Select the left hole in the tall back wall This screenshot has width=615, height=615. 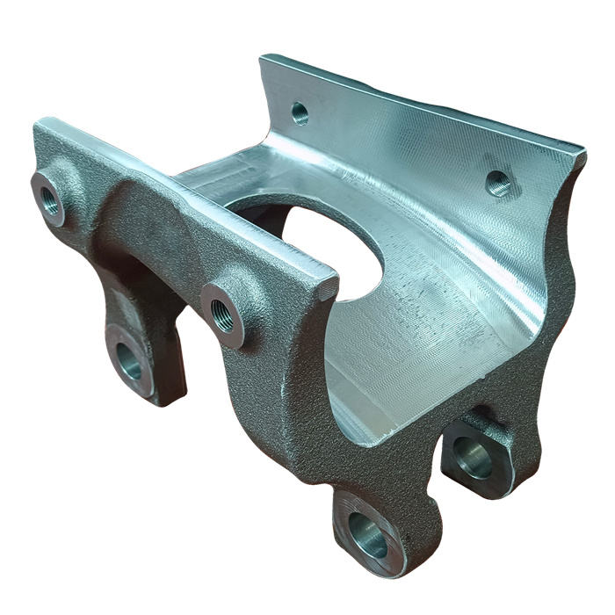click(x=300, y=112)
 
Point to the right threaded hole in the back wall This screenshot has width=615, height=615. click(x=497, y=183)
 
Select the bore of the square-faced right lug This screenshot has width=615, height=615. click(x=474, y=461)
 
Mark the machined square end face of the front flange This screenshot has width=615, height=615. click(x=326, y=286)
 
